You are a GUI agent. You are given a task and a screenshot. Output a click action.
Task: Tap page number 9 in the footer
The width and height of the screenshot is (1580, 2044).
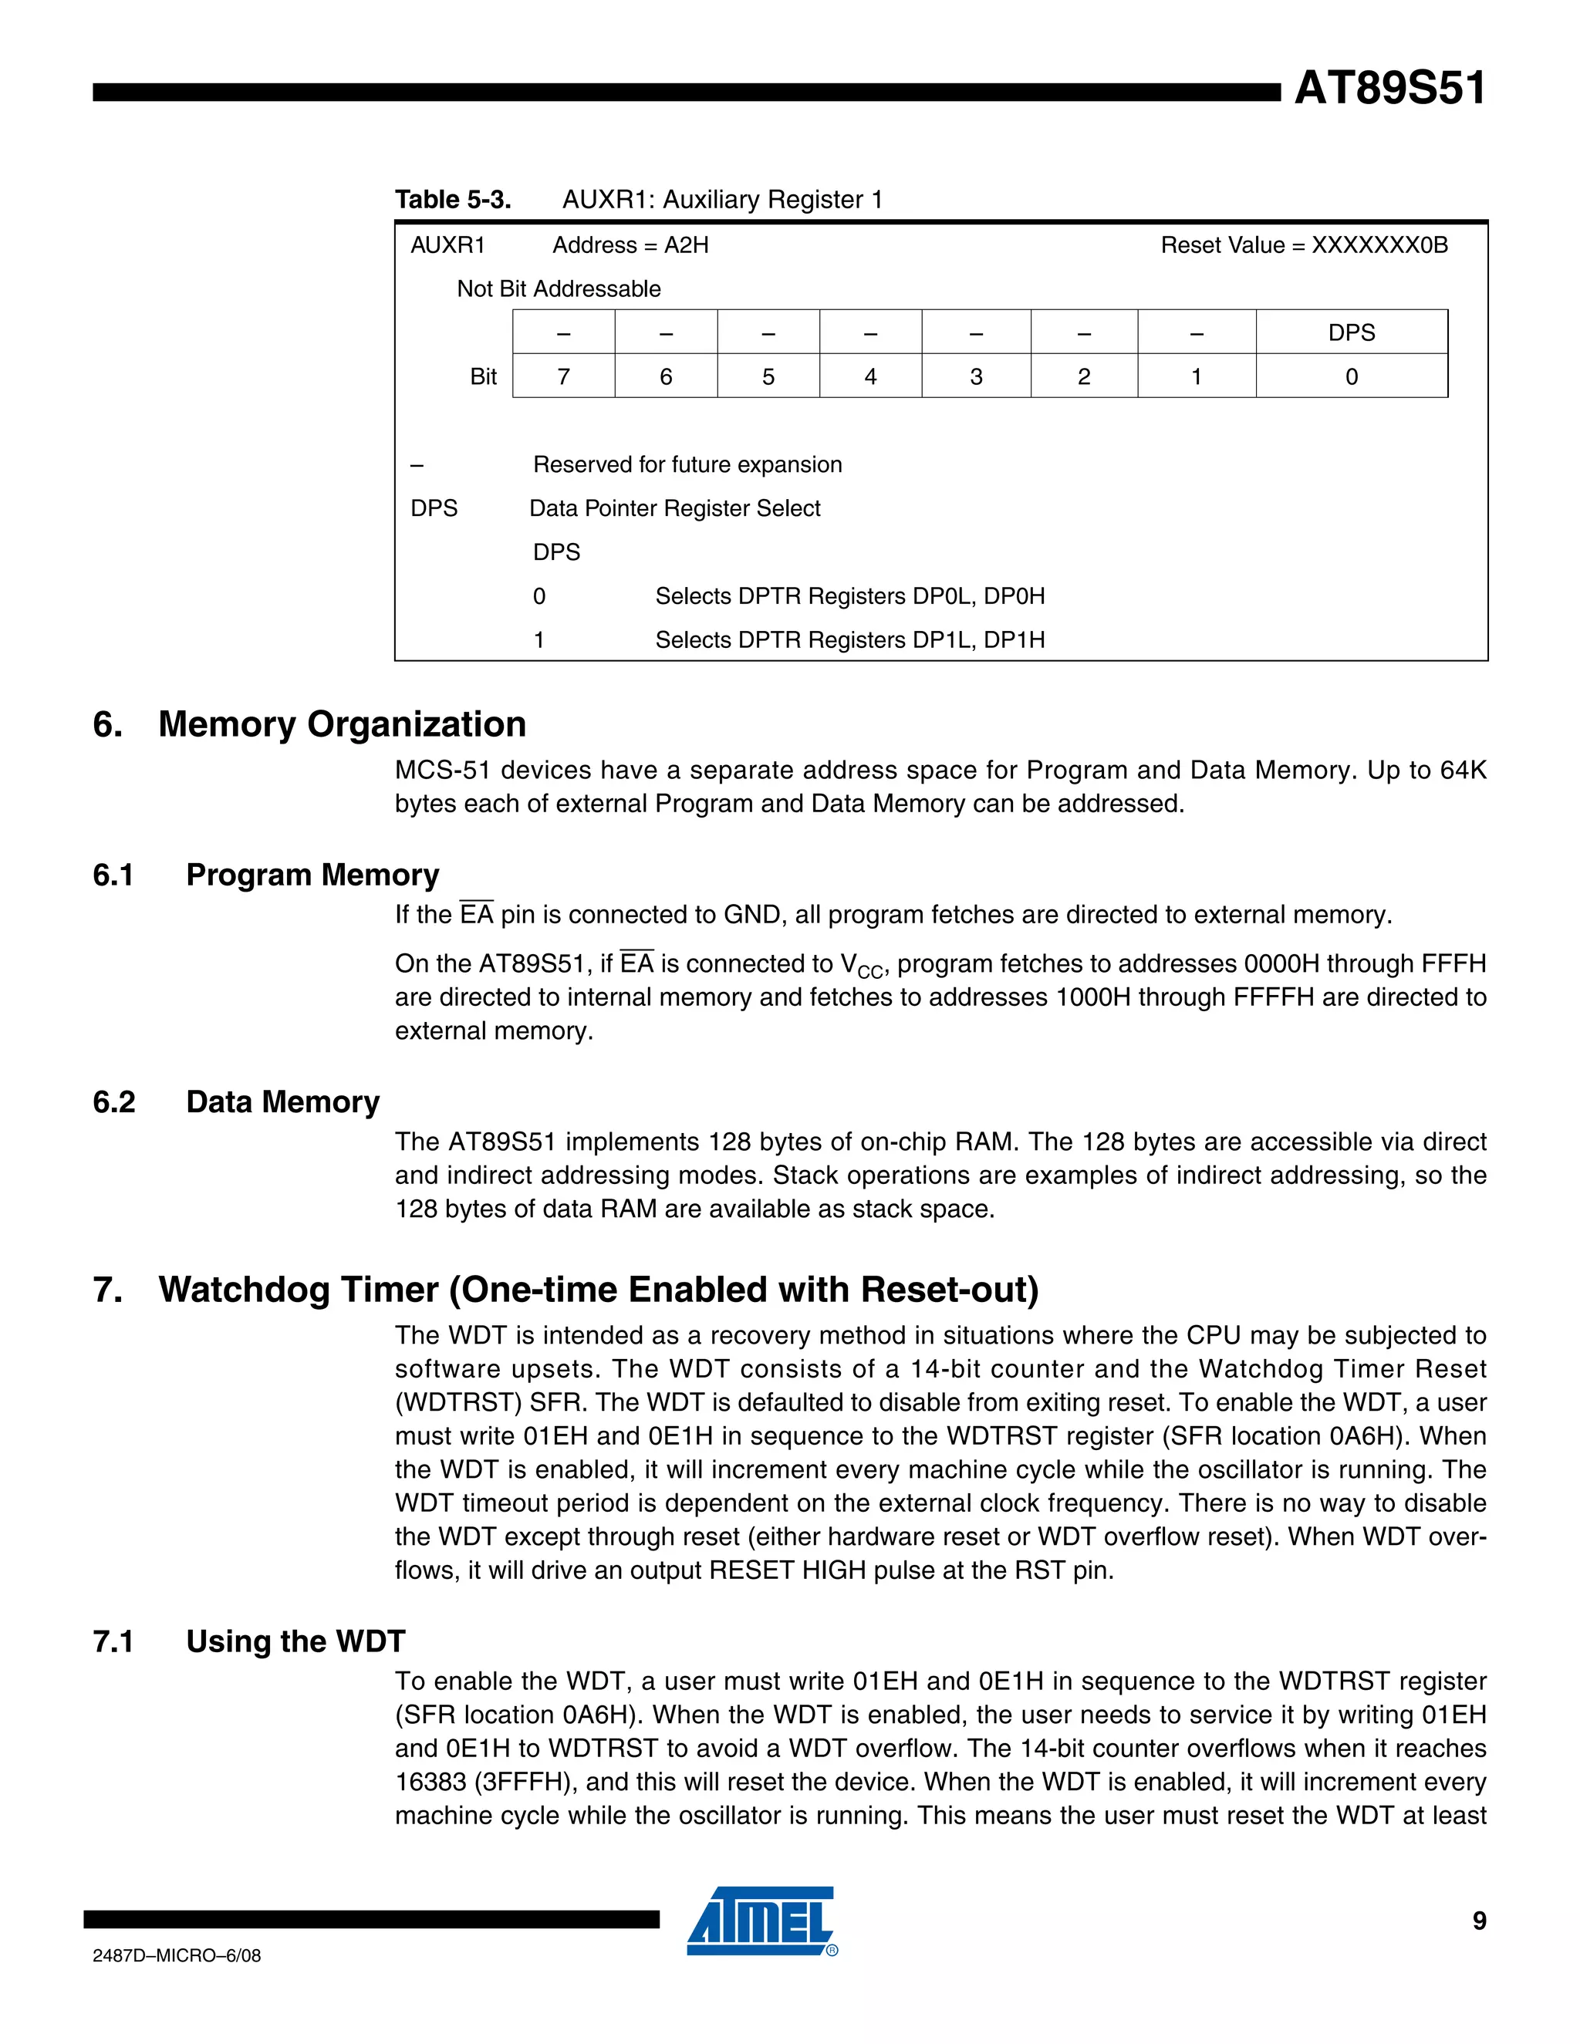click(1479, 1921)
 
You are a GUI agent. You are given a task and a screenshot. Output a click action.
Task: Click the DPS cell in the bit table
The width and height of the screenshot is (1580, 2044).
click(1351, 332)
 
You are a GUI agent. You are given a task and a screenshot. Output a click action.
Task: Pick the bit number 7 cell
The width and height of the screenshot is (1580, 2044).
click(563, 376)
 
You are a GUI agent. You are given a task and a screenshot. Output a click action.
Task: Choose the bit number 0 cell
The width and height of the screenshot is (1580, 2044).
click(1351, 376)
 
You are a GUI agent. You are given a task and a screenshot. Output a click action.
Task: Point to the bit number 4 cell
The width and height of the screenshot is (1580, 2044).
click(870, 376)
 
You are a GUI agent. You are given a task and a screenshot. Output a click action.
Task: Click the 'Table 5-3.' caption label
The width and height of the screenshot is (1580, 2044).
click(453, 199)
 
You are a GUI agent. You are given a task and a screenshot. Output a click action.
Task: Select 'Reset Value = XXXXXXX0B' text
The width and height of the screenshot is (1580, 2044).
click(1304, 245)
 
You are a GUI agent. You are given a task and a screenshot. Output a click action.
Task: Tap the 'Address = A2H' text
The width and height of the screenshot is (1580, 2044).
click(630, 245)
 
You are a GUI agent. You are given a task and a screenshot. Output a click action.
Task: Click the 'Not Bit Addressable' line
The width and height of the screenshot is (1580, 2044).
click(558, 289)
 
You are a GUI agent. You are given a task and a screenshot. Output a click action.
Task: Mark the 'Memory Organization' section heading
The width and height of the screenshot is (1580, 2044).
click(342, 724)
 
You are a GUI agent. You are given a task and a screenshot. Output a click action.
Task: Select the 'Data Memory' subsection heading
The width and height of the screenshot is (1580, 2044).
click(282, 1101)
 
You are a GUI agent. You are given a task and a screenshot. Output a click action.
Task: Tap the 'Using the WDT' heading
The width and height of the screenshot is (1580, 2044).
click(295, 1641)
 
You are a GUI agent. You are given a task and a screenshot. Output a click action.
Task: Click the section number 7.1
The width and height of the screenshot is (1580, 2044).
click(113, 1641)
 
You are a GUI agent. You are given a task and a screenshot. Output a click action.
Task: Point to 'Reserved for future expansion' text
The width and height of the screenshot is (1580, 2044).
click(687, 464)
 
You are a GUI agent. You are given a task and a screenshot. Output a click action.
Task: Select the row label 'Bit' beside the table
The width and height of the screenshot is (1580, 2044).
click(483, 376)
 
